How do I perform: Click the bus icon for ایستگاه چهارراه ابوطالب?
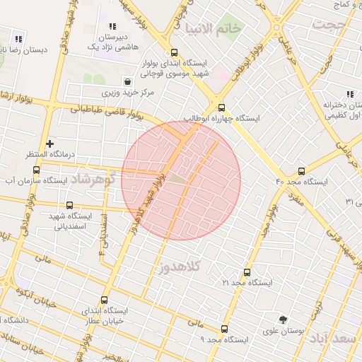coord(222,108)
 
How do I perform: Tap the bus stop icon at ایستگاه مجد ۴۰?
coord(302,171)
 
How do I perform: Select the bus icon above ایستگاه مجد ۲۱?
coord(247,272)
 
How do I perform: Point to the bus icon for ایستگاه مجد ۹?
coord(225,329)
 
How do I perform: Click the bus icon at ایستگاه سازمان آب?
coord(36,170)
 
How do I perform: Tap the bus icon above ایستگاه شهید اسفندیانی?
coord(69,205)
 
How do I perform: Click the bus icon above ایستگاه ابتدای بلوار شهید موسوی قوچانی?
coord(174,52)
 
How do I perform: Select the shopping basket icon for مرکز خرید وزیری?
coord(127,81)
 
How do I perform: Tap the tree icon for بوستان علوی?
coord(284,320)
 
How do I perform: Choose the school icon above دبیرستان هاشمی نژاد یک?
coord(112,26)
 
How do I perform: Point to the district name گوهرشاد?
coord(93,179)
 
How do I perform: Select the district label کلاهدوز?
coord(182,267)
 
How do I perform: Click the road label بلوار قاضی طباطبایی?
coord(105,110)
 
